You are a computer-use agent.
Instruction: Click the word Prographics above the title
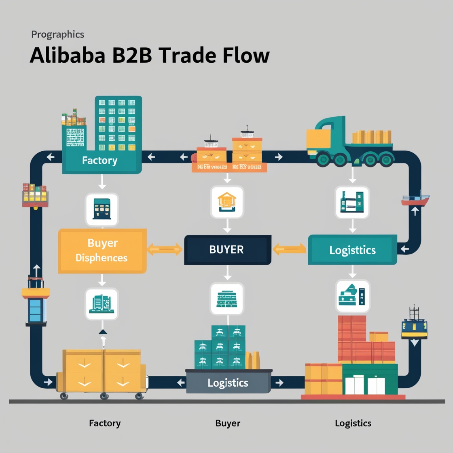click(57, 34)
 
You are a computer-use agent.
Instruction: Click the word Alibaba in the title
click(67, 55)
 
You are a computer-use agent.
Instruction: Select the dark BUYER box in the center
click(227, 250)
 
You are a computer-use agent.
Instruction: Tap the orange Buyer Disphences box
click(102, 250)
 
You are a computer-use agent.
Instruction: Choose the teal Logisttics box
click(352, 250)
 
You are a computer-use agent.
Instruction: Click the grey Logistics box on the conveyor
click(228, 383)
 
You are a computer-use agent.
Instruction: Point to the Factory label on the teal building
click(99, 160)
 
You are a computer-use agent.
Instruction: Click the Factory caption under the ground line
click(105, 423)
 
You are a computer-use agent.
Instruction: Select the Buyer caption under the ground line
click(228, 423)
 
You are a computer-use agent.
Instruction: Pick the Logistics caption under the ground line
click(353, 423)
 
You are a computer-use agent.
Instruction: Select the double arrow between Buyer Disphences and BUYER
click(165, 249)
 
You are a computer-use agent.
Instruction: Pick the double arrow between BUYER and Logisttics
click(290, 249)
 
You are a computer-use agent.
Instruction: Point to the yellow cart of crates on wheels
click(103, 372)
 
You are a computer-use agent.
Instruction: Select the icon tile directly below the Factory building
click(102, 209)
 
